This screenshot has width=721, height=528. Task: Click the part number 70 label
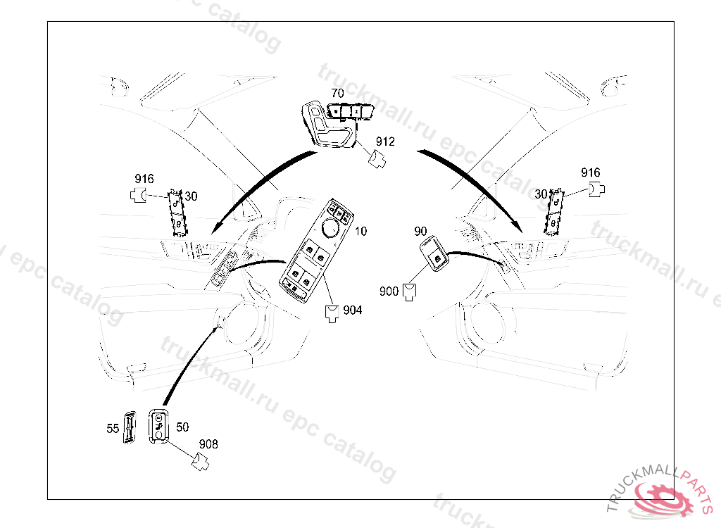[x=338, y=94]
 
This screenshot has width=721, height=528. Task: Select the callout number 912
[x=384, y=142]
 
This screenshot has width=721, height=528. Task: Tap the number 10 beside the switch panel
[x=360, y=232]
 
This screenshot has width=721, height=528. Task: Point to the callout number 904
[x=352, y=310]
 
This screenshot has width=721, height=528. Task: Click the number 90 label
[x=420, y=232]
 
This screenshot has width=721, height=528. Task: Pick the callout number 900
[x=389, y=290]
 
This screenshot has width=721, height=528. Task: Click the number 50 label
[x=182, y=427]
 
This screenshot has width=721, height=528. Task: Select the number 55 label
[x=113, y=428]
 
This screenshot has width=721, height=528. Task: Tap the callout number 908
[x=208, y=444]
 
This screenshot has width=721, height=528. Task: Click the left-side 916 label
[x=144, y=179]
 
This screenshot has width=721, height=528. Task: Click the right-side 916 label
[x=590, y=172]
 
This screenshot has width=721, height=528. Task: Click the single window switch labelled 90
[x=434, y=253]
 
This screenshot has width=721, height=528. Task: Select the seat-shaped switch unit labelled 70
[x=331, y=125]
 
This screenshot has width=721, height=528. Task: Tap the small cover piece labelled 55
[x=130, y=427]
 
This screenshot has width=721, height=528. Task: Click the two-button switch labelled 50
[x=159, y=427]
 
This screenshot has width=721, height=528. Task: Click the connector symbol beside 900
[x=409, y=291]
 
